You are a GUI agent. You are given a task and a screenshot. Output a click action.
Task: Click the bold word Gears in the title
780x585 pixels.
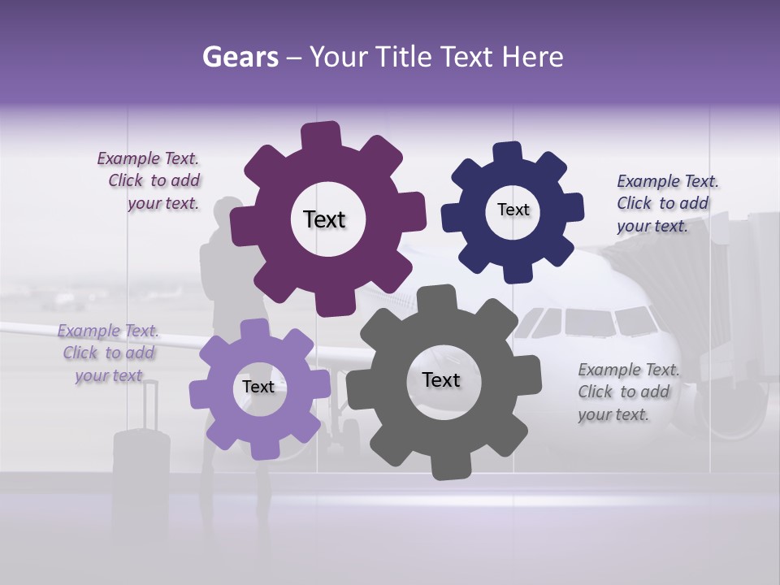tap(240, 57)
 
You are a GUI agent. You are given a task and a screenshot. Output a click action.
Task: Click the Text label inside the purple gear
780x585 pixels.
tap(324, 219)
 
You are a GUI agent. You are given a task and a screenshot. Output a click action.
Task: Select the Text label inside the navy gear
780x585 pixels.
tap(513, 210)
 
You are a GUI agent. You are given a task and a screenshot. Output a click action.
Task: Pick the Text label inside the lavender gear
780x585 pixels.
tap(258, 387)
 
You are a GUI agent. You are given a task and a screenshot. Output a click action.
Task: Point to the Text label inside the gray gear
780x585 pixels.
tap(440, 379)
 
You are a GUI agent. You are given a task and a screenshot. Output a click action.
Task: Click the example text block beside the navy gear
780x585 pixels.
tap(667, 203)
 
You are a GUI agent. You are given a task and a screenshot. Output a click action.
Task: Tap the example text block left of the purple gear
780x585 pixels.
tap(149, 181)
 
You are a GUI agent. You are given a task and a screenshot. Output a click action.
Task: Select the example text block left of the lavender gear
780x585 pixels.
tap(108, 353)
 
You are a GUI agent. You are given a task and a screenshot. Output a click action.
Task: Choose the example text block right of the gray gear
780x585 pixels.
tap(628, 392)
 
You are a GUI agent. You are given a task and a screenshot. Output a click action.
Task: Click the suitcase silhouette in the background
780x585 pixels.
tap(141, 455)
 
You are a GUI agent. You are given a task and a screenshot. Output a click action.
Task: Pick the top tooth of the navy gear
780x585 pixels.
tap(508, 152)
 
